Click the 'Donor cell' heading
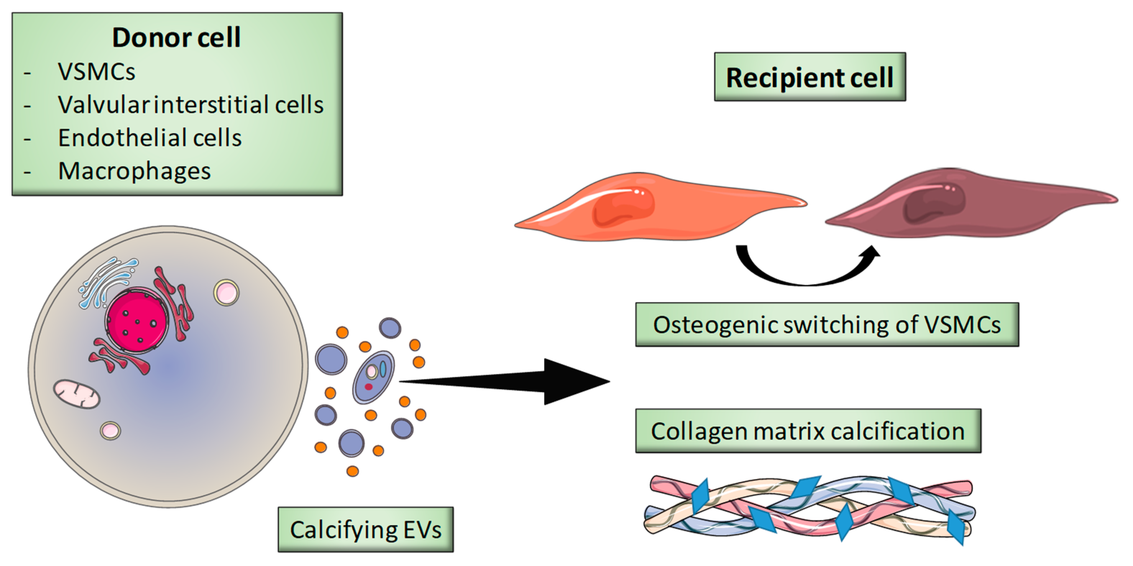[176, 37]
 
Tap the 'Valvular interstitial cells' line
[191, 105]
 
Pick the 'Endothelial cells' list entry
[150, 138]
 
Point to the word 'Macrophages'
[134, 171]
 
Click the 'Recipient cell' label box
[810, 77]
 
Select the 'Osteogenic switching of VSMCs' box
[827, 325]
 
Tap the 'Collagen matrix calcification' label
[808, 431]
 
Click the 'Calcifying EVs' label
[366, 529]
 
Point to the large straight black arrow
[504, 381]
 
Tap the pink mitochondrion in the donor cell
[77, 393]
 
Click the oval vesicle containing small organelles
[373, 377]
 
